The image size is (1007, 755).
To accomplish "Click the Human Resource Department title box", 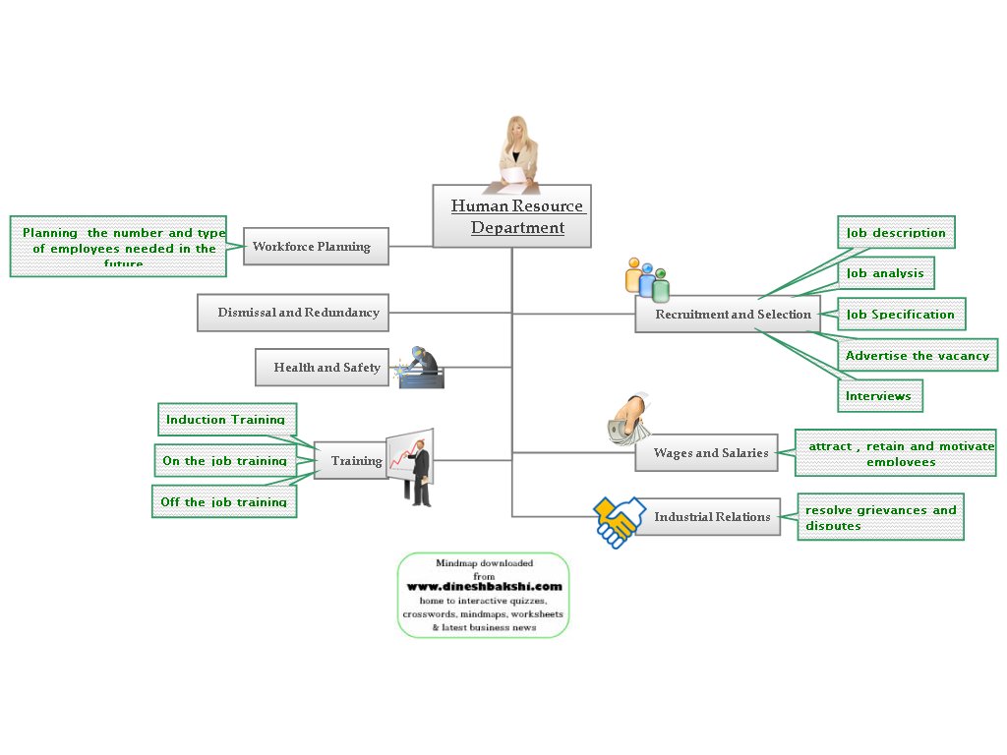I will tap(512, 216).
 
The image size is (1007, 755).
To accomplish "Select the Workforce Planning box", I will tap(316, 247).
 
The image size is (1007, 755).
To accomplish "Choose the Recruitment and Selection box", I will tap(728, 315).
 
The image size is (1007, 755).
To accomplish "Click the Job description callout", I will tap(896, 233).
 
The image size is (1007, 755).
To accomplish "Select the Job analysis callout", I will tap(885, 273).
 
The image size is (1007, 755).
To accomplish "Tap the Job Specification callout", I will tap(901, 315).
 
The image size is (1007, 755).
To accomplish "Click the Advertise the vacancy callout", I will tap(918, 356).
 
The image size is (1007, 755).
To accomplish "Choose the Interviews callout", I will tap(879, 396).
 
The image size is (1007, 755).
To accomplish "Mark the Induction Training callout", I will tap(226, 420).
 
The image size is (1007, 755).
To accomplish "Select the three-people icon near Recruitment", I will tap(647, 279).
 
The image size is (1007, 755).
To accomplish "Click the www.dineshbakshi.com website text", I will tap(484, 587).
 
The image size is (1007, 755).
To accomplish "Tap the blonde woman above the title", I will tap(516, 152).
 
